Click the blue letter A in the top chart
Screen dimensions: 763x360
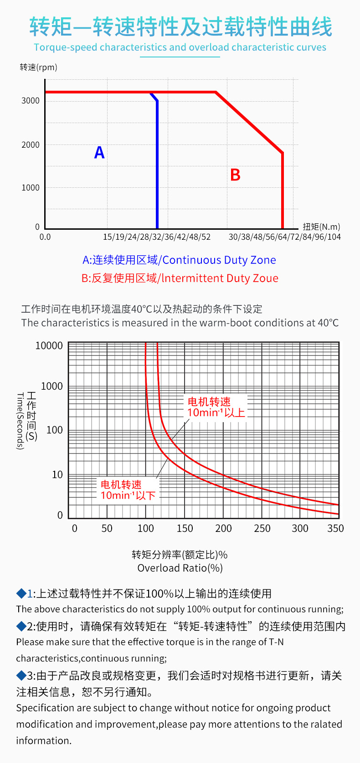click(x=99, y=152)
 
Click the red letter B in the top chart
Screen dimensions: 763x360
click(x=235, y=175)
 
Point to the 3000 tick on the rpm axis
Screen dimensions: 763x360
click(x=31, y=101)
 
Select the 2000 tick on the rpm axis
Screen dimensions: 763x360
click(x=31, y=145)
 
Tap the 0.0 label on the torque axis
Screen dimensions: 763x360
click(x=45, y=237)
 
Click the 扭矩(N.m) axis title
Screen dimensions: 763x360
click(x=321, y=227)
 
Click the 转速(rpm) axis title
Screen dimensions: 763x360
click(x=39, y=67)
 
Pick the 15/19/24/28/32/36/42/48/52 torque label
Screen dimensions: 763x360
click(x=157, y=237)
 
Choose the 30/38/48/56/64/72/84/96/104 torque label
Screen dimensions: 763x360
click(x=284, y=237)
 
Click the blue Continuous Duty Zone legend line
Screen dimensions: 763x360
click(x=179, y=260)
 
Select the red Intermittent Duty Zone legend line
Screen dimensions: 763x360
click(x=180, y=278)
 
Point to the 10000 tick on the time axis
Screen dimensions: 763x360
click(x=49, y=346)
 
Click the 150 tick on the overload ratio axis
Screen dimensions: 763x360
click(x=185, y=529)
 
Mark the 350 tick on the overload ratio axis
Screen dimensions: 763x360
click(x=336, y=529)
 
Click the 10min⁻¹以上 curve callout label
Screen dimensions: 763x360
click(x=216, y=407)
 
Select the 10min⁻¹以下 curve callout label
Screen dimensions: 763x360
click(x=128, y=490)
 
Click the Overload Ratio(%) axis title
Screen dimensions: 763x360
click(x=180, y=568)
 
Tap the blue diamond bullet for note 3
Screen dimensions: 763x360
click(x=21, y=675)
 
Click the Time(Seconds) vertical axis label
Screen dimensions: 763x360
click(x=20, y=421)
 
